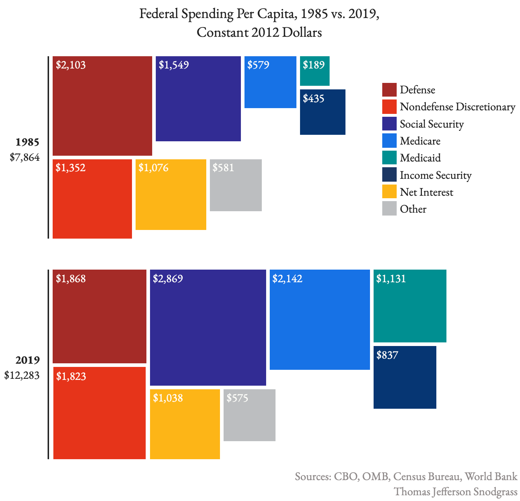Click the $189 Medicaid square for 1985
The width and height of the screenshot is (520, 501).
click(x=314, y=71)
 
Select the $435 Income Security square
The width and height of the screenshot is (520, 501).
click(x=322, y=112)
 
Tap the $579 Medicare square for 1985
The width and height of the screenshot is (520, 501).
click(x=270, y=82)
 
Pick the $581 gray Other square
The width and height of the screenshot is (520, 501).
click(x=235, y=185)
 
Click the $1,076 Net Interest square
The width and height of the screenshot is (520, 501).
click(x=171, y=195)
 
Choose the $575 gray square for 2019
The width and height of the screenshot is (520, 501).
click(x=249, y=415)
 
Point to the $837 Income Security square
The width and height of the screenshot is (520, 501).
click(x=405, y=377)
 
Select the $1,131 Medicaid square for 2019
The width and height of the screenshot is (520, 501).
click(x=410, y=306)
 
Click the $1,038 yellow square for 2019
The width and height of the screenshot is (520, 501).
click(x=185, y=424)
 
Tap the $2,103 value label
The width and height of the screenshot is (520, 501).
click(x=71, y=65)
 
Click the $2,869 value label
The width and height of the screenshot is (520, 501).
click(x=168, y=279)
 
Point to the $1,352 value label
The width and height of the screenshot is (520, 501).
click(x=71, y=168)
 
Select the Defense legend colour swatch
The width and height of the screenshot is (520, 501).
click(x=389, y=90)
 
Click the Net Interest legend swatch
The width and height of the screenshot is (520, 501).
click(x=389, y=192)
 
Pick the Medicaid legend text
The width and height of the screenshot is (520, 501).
click(x=420, y=158)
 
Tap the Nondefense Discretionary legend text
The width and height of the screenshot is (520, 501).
click(x=457, y=107)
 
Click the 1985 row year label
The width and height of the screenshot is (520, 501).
click(x=27, y=142)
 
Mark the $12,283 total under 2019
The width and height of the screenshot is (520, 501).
click(x=22, y=375)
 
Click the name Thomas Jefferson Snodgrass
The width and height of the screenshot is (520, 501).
click(x=455, y=492)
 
